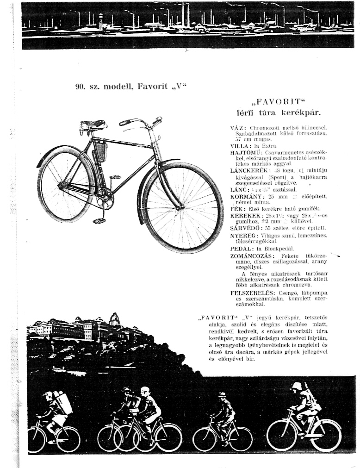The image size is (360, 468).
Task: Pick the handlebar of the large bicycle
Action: pos(139,123)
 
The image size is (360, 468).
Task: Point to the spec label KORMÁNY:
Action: pos(246,196)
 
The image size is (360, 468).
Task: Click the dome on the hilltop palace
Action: pos(114,318)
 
